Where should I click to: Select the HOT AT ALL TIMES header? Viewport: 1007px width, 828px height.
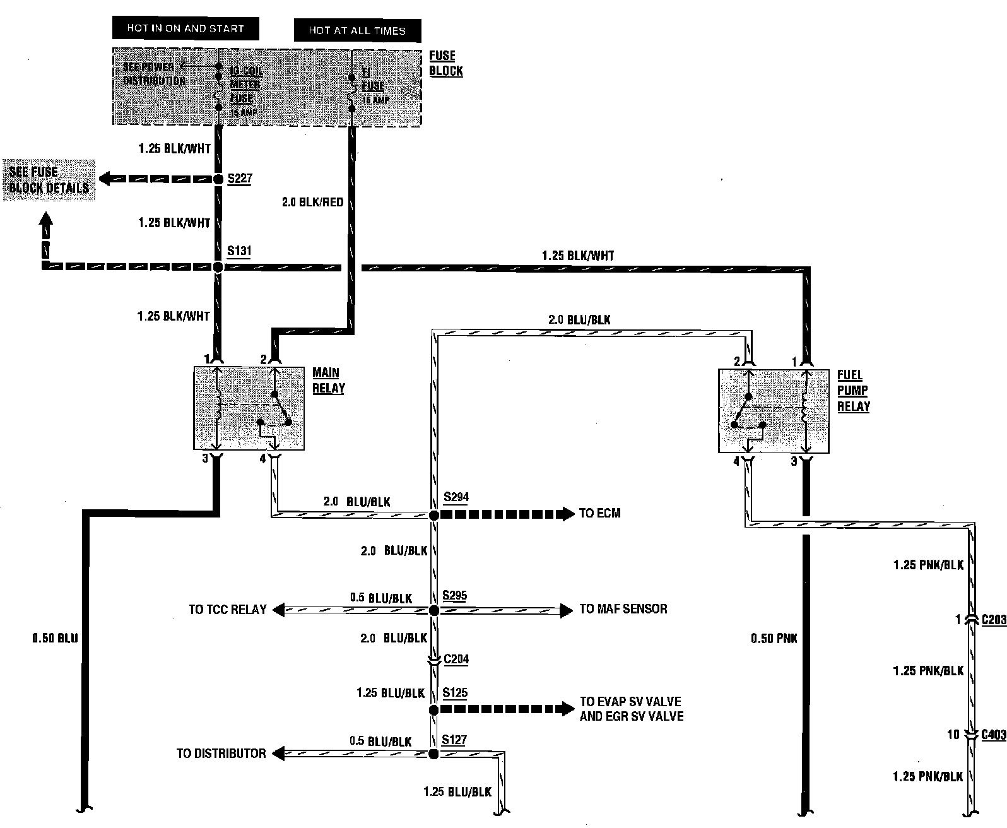tap(357, 30)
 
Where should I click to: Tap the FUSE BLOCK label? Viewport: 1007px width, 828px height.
tap(445, 63)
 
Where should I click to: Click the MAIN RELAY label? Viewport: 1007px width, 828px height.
tap(329, 380)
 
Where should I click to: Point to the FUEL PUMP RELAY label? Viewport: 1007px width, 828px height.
tap(853, 391)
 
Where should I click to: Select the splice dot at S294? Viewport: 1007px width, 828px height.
tap(434, 516)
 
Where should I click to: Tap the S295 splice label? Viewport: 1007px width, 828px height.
tap(455, 595)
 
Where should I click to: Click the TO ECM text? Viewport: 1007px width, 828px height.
tap(599, 513)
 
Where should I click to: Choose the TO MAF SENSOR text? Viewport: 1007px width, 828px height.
tap(623, 609)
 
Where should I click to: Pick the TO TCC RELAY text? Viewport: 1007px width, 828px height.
tap(228, 610)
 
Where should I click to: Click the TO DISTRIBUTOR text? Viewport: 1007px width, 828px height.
tap(221, 754)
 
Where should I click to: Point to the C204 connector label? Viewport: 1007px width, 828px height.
tap(456, 659)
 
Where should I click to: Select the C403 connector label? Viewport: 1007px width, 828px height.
tap(993, 735)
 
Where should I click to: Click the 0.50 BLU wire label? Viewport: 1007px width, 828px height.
tap(56, 638)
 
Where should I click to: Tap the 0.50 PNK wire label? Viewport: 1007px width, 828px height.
tap(774, 639)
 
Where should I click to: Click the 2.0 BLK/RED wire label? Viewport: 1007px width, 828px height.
tap(314, 202)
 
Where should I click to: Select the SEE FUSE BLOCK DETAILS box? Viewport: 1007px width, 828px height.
tap(49, 180)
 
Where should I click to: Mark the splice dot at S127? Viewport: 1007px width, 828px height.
tap(433, 754)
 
